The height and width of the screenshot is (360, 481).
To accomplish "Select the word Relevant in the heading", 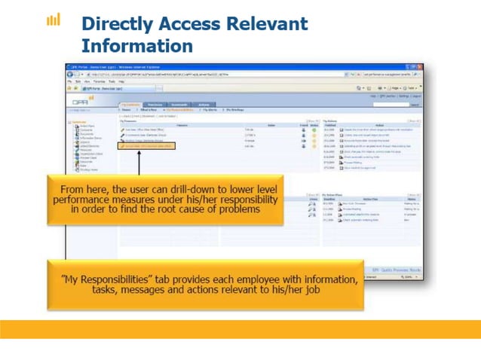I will coord(267,23).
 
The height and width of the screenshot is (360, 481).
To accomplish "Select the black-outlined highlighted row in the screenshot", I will coord(146,145).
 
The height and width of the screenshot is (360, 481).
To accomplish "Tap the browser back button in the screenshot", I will coord(70,75).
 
